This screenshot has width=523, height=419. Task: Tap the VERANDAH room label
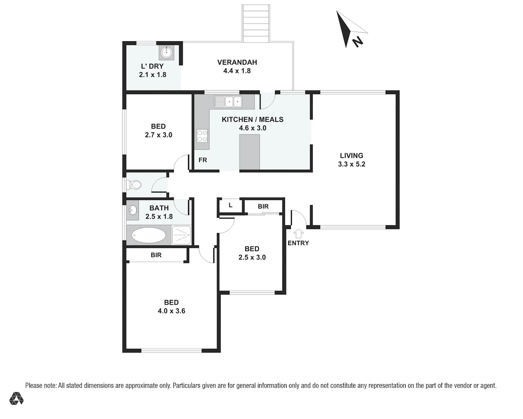237,62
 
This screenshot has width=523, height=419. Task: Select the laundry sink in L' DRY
167,52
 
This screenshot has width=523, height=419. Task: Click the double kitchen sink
228,102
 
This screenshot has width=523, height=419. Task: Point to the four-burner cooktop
202,136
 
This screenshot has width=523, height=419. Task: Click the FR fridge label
203,160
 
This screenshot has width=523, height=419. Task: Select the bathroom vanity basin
133,211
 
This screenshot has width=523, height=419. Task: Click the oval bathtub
148,235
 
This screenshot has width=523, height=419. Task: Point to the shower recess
181,235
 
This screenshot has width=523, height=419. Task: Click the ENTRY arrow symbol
298,233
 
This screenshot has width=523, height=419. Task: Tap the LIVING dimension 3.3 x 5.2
352,164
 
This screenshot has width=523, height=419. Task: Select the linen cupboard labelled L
230,205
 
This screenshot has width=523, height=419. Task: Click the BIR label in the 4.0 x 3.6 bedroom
156,255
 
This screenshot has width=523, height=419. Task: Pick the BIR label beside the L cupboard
263,206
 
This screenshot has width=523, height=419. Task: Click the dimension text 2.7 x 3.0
158,135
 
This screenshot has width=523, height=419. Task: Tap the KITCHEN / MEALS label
252,119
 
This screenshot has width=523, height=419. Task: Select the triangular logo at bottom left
16,398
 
